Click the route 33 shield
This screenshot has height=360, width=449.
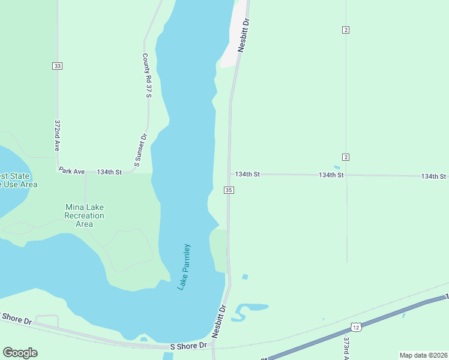pos(57,66)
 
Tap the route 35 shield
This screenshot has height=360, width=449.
pos(229,190)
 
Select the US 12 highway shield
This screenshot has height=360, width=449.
pos(356,327)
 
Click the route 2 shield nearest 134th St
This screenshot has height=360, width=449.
pos(346,157)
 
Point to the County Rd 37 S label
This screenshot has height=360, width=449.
pos(148,75)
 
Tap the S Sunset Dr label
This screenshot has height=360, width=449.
pos(140,150)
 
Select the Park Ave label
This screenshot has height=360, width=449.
pos(71,172)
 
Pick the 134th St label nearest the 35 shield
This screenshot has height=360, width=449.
pos(247,174)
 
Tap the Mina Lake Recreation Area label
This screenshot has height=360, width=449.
pos(84,215)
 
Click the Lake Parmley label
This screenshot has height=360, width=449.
pos(184,266)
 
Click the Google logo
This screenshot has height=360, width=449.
pos(20,353)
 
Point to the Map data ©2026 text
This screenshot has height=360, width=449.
pos(423,355)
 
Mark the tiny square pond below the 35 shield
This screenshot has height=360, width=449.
pos(244,277)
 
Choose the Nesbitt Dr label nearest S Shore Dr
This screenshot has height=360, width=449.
pos(219,322)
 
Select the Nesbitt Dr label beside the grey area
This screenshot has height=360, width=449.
pos(243,35)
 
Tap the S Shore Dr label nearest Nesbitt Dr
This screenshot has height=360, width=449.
pos(188,346)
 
